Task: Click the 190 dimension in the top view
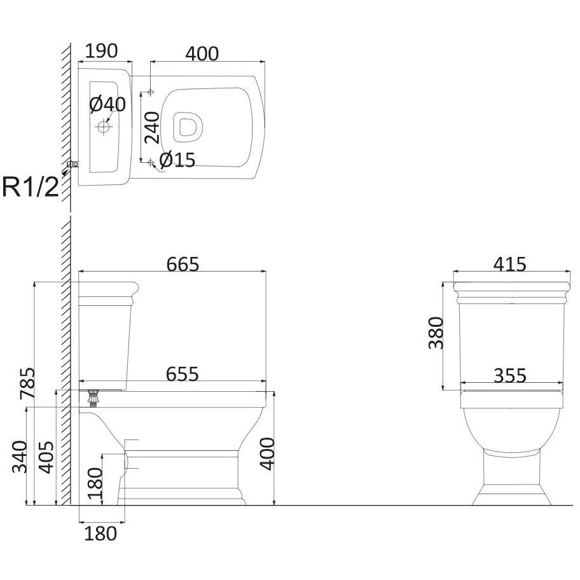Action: coord(101,51)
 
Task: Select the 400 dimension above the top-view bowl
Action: coord(202,54)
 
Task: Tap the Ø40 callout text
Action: coord(107,104)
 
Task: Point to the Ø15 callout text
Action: coord(177,160)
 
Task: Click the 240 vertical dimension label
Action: coord(152,128)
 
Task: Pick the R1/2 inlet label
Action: coord(31,187)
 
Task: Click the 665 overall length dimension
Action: coord(183,264)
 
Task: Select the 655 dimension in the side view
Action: coord(183,374)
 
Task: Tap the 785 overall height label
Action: coord(28,383)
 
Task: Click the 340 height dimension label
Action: coord(20,457)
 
